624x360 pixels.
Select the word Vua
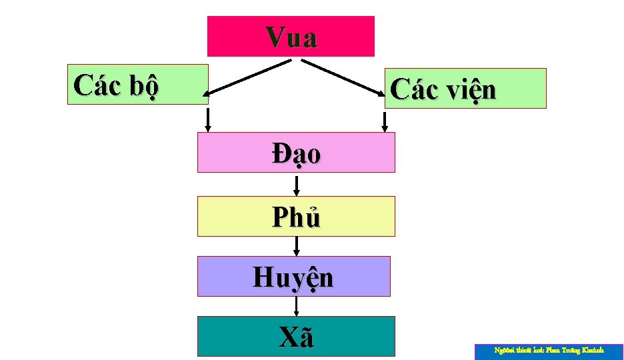point(291,37)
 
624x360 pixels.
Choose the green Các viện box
point(520,88)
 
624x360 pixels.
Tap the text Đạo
point(296,153)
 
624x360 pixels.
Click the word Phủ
point(296,217)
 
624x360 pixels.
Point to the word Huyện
point(293,277)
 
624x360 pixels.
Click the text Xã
point(296,338)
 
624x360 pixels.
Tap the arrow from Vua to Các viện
point(343,77)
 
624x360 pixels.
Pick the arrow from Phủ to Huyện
point(297,246)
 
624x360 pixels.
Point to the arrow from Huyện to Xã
point(297,306)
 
